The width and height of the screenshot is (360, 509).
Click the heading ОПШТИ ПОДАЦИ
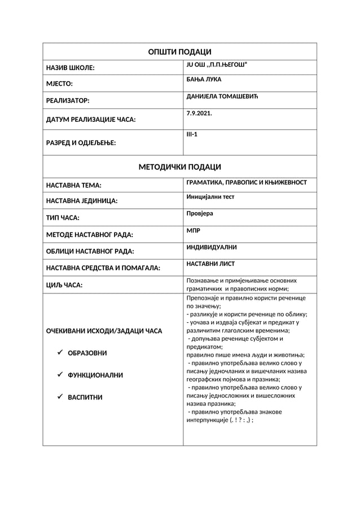(179, 52)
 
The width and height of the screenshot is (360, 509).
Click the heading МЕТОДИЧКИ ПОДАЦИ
(179, 167)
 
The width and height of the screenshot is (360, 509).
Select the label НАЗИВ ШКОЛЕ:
(70, 68)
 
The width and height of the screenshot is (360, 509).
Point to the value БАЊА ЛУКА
(204, 80)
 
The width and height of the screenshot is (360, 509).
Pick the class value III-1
(192, 135)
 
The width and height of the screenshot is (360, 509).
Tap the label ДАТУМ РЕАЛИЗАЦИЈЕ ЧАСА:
(91, 120)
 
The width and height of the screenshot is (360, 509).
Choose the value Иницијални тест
(210, 197)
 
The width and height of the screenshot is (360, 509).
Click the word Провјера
(200, 213)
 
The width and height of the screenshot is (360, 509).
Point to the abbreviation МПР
(193, 231)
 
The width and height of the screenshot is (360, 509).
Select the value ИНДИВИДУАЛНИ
(211, 247)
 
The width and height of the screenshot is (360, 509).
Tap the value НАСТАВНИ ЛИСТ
(210, 264)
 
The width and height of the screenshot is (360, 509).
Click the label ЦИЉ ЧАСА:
(64, 286)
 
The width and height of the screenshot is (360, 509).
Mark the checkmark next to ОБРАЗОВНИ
(60, 353)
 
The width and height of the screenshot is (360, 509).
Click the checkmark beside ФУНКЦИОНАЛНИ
(60, 375)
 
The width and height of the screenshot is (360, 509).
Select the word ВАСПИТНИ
(85, 397)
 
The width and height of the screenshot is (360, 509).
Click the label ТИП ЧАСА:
(63, 217)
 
